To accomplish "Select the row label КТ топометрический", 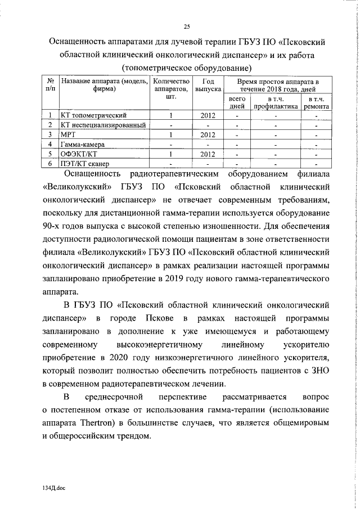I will point(90,115).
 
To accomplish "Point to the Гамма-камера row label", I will point(80,144).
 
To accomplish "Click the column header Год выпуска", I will point(208,85).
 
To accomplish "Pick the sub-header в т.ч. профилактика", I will point(275,102).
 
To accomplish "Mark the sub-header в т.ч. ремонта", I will point(317,102).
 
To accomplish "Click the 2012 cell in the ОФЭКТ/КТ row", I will point(208,154).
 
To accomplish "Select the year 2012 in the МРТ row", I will point(208,134).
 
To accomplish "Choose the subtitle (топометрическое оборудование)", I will point(186,68).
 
